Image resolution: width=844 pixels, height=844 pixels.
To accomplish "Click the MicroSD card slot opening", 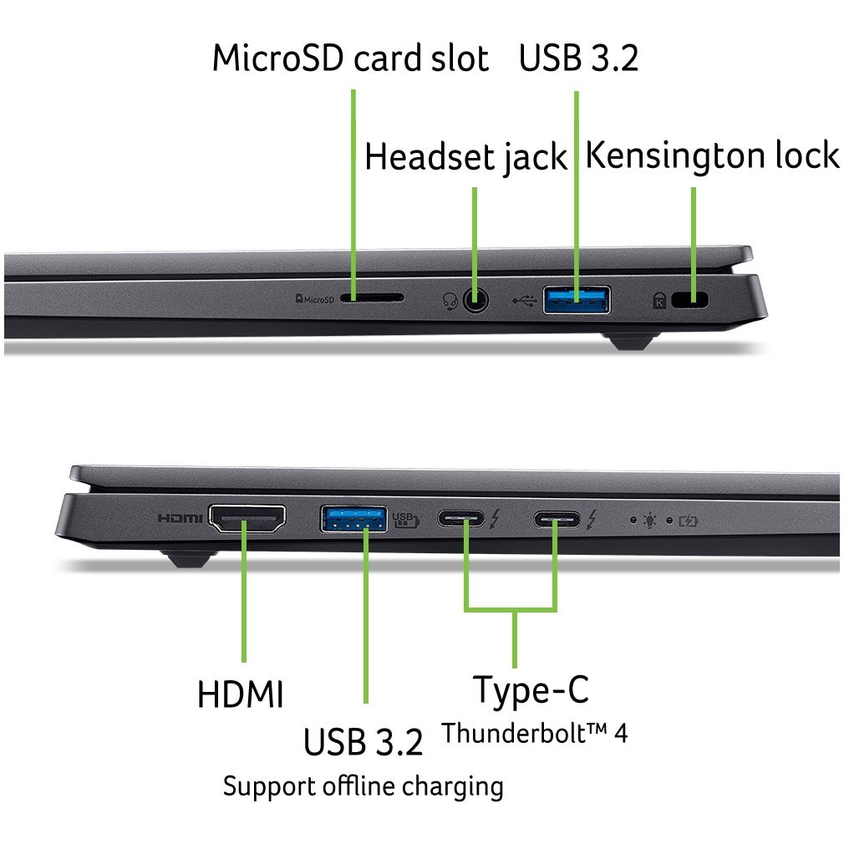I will [x=372, y=298].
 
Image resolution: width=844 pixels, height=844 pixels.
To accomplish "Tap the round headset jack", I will [x=475, y=299].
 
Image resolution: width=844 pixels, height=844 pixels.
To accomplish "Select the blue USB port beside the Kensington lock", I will [x=577, y=299].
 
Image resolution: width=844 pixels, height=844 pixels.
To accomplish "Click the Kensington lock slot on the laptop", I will [x=689, y=300].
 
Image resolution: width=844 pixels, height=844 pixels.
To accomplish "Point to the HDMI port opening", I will [x=247, y=519].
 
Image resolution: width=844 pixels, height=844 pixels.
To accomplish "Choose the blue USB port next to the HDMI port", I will [x=353, y=519].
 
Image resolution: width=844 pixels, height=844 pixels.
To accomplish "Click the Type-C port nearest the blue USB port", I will [x=460, y=520].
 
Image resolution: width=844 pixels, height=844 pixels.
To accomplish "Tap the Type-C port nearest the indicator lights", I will [x=558, y=520].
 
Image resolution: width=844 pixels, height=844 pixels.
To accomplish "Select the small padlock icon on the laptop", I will [x=659, y=300].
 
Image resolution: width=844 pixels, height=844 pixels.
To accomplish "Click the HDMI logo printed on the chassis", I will [x=180, y=519].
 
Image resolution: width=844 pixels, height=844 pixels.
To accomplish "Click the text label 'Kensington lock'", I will [x=712, y=156].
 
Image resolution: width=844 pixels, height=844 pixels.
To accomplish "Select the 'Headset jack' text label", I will [x=465, y=158].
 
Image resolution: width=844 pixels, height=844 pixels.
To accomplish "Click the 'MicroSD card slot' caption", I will [x=350, y=58].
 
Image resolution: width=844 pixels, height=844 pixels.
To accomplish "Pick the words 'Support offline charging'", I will [x=363, y=786].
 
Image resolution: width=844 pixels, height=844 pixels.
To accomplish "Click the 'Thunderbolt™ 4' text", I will [x=534, y=734].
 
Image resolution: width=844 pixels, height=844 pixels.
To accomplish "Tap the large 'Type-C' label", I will [x=531, y=690].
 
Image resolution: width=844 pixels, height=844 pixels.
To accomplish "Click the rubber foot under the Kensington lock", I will [x=631, y=340].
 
